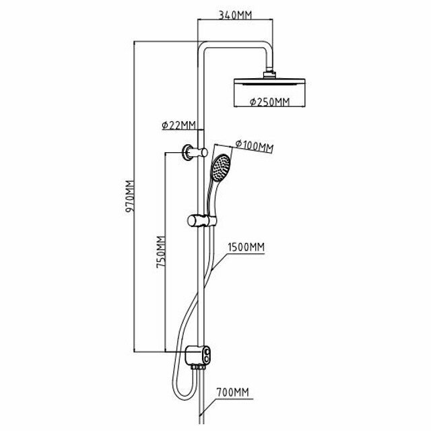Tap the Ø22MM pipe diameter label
(178, 125)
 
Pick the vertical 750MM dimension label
(160, 253)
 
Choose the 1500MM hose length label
(246, 247)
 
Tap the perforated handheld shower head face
(220, 168)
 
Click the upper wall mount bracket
(191, 153)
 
